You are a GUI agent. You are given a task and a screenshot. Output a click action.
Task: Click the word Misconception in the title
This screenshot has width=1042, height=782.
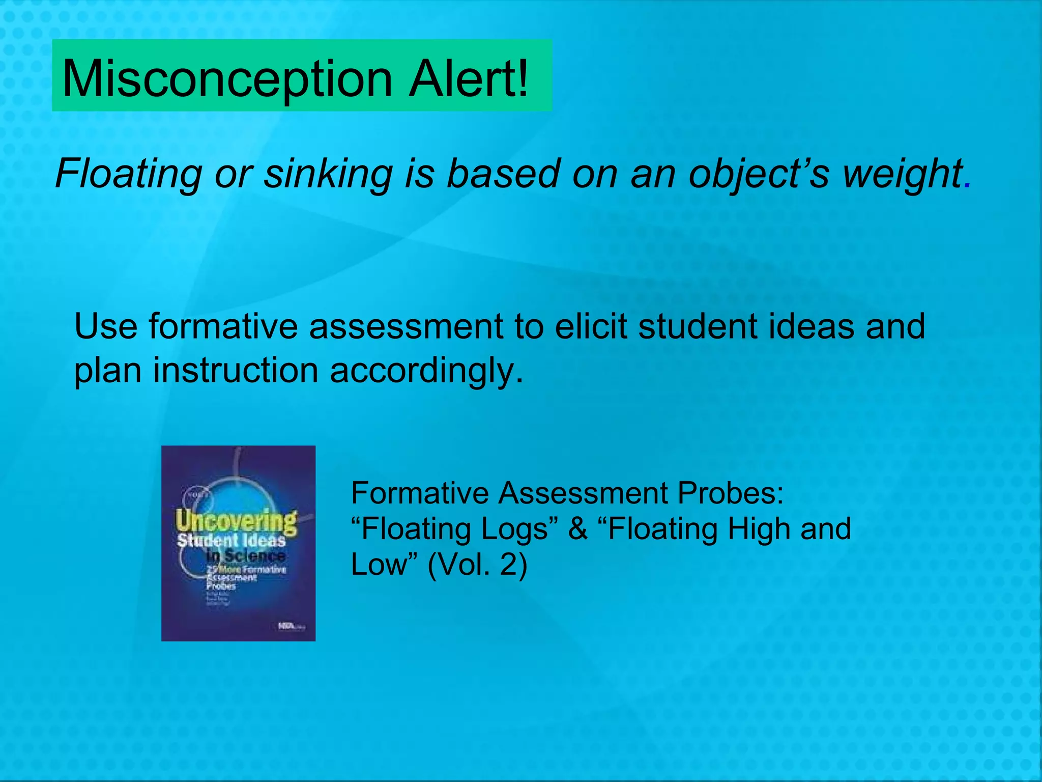[227, 79]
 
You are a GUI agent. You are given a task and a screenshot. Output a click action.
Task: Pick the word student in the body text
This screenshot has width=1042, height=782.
[698, 326]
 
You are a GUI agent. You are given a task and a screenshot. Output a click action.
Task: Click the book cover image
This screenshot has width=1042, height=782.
[238, 543]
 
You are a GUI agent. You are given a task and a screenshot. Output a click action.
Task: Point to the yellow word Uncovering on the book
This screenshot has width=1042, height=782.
[236, 521]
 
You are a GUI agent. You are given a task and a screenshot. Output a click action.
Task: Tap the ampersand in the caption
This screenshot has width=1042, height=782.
[578, 528]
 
